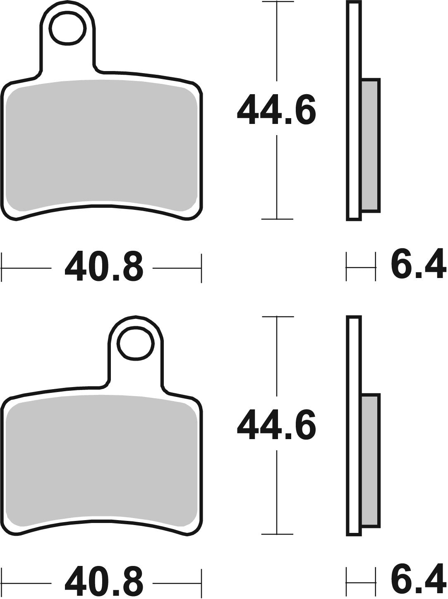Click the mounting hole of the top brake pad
(x=68, y=29)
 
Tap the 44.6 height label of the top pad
(x=276, y=110)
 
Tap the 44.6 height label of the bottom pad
(x=276, y=425)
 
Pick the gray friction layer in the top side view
(x=370, y=145)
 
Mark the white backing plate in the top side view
(x=354, y=112)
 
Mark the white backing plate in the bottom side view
(x=354, y=425)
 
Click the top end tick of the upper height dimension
(x=276, y=2)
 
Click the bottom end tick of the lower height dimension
(x=276, y=534)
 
